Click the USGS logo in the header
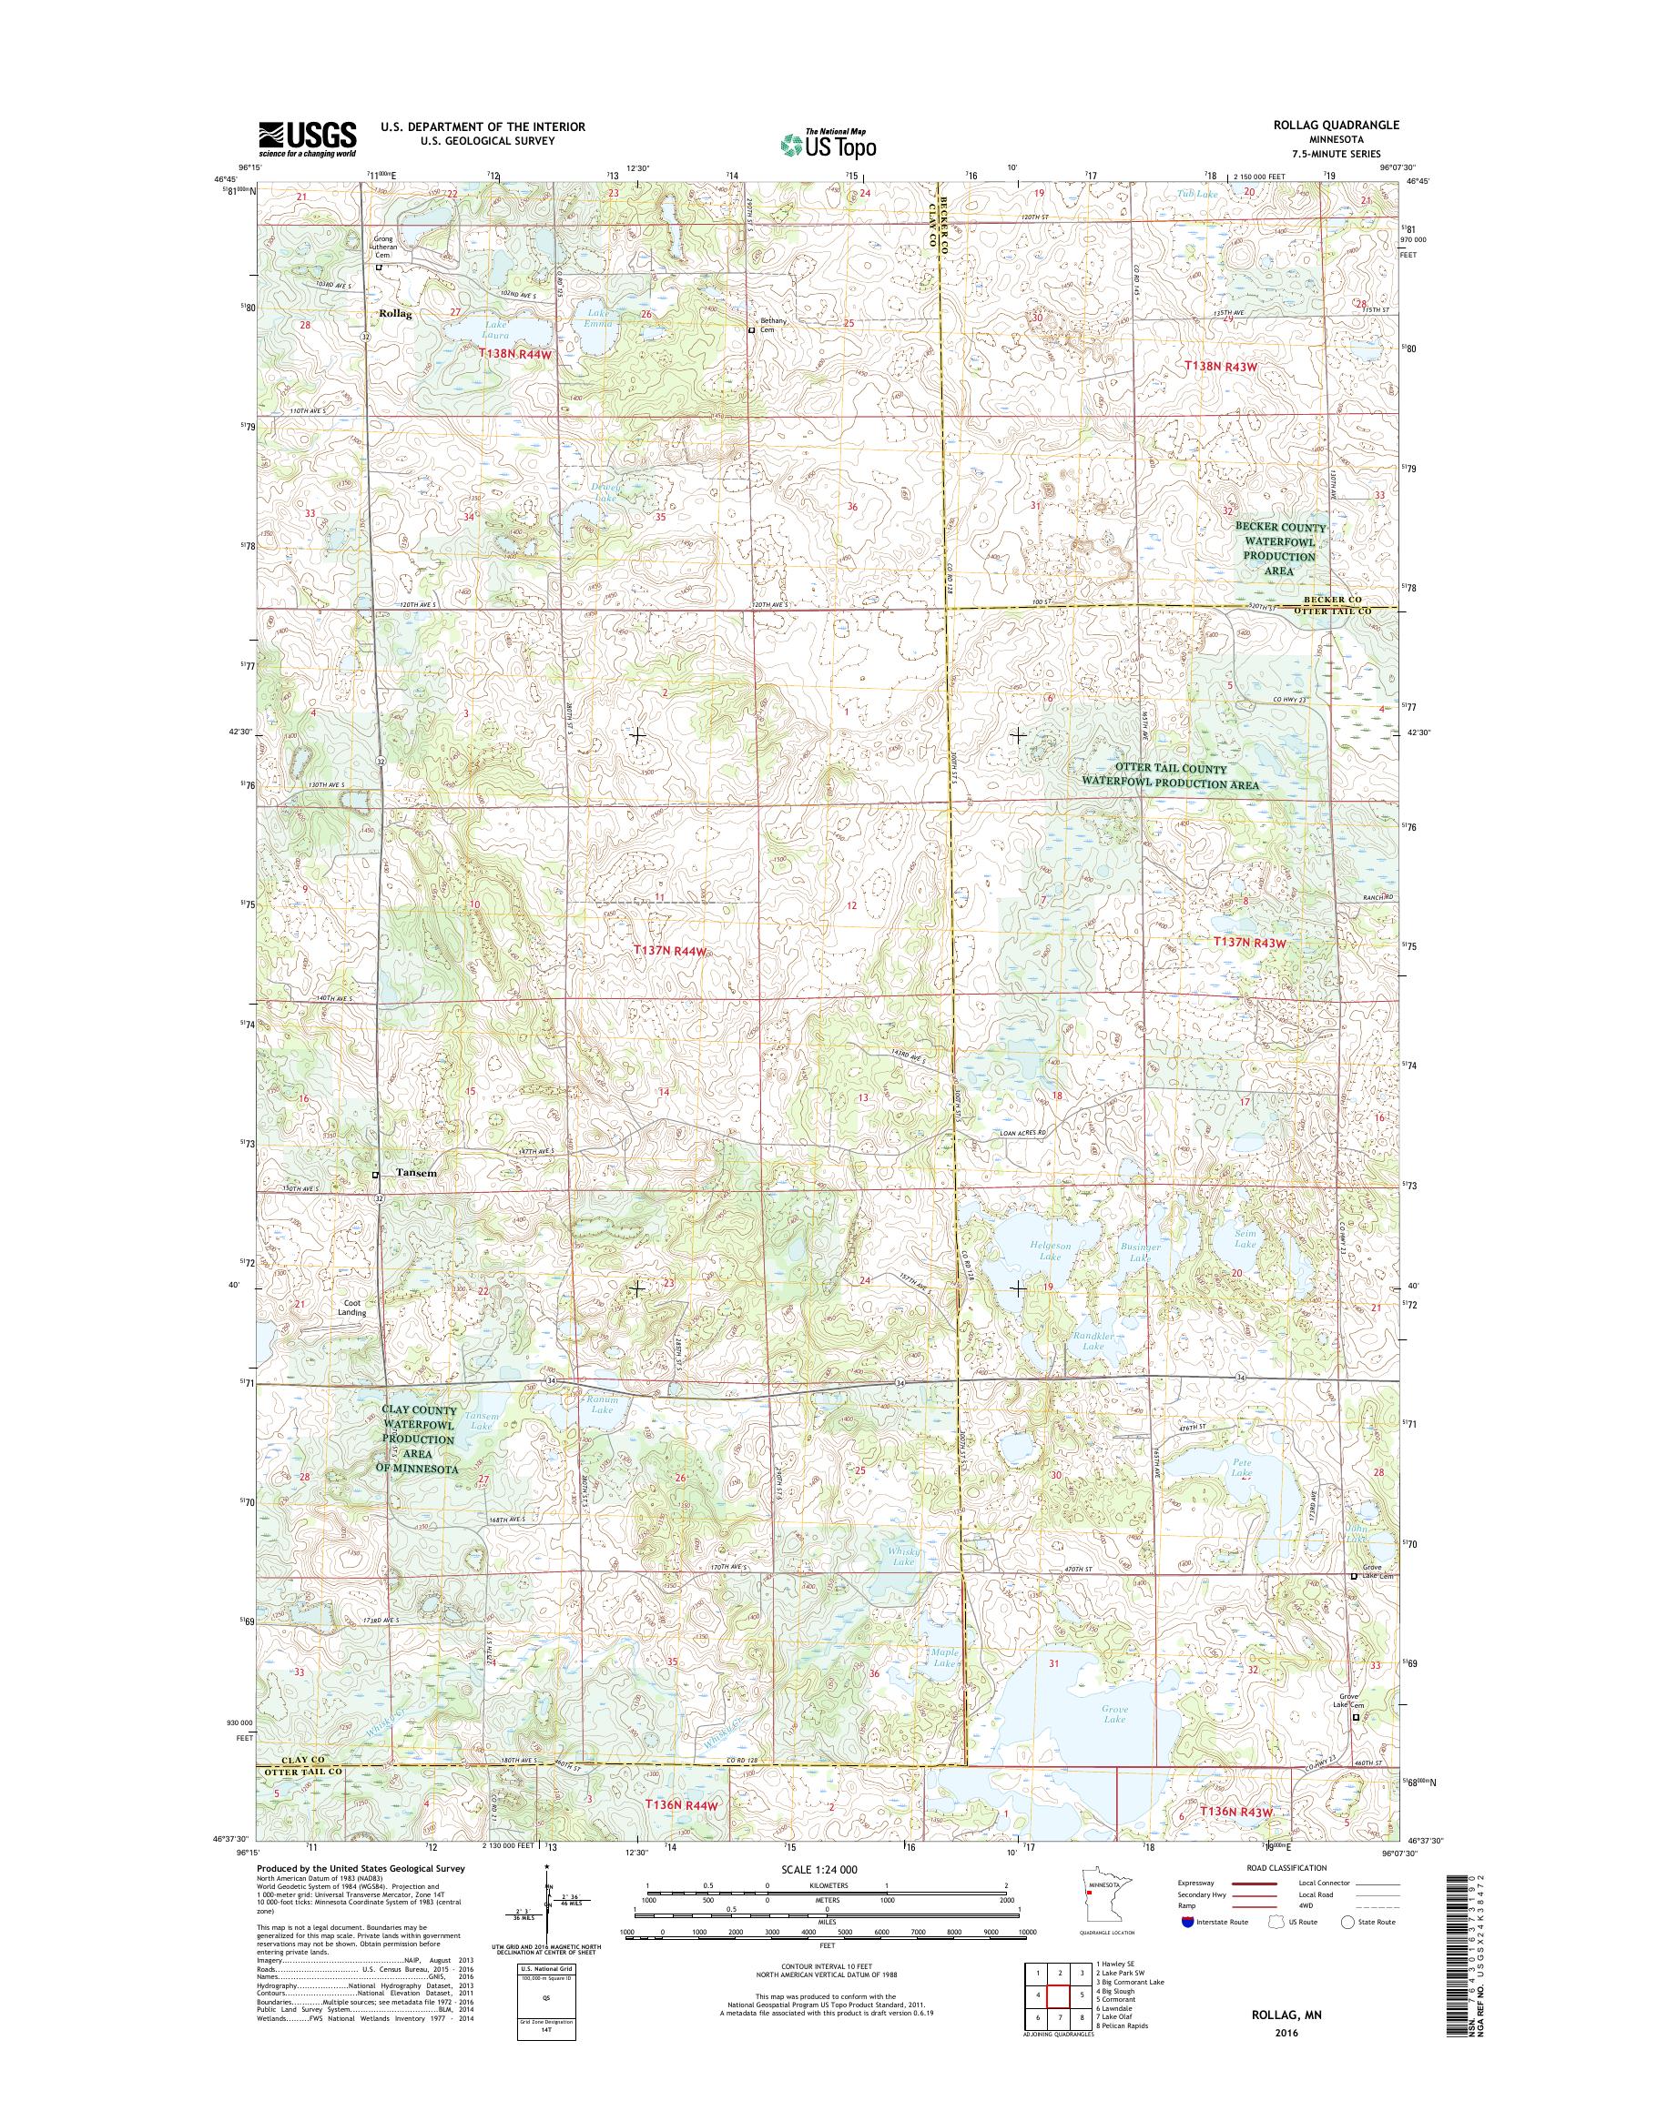click(x=307, y=138)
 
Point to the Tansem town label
click(x=417, y=1173)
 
